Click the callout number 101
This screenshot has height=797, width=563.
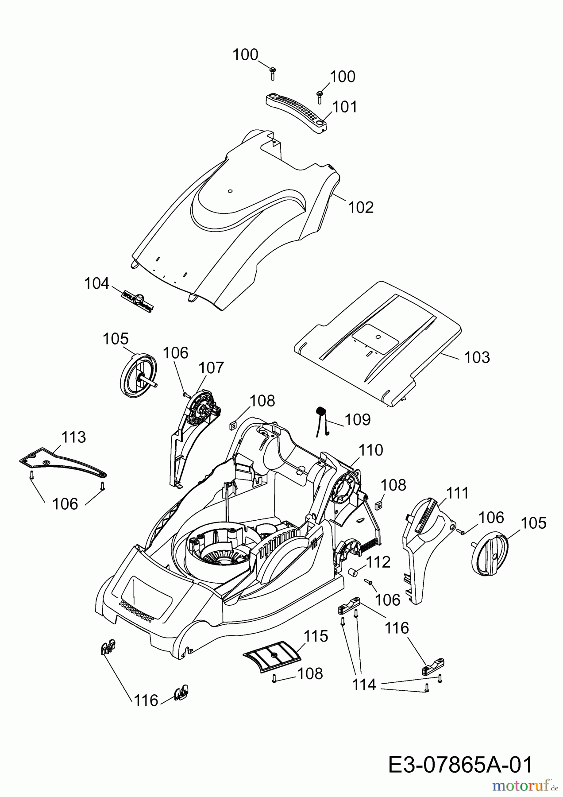click(345, 107)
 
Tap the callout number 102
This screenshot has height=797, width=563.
click(361, 207)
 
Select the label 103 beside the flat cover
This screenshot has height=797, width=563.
click(477, 357)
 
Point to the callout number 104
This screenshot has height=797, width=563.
click(96, 283)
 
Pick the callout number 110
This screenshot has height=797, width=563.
click(370, 450)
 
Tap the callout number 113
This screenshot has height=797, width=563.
click(73, 437)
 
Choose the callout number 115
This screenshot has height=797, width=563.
click(316, 636)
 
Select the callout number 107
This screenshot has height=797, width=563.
click(211, 368)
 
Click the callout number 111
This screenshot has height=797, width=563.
click(457, 493)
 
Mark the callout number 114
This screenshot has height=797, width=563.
click(364, 685)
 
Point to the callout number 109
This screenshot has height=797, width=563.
click(358, 419)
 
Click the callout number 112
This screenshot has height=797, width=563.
click(378, 562)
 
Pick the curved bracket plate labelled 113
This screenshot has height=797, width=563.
click(62, 463)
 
